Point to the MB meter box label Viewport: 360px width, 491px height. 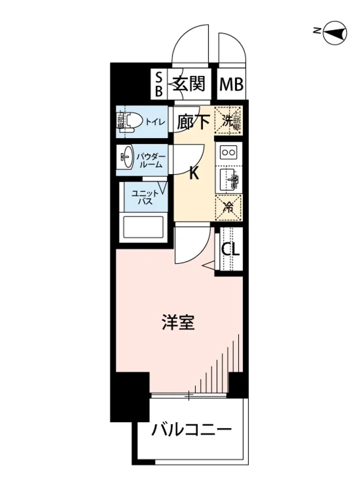click(x=232, y=85)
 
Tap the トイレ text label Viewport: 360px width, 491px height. click(x=155, y=122)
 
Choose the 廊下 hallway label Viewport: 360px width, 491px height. click(x=193, y=122)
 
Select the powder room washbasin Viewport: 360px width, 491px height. click(x=126, y=156)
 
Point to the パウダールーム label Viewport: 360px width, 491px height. click(x=151, y=161)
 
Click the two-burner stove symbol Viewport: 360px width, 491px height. click(x=228, y=153)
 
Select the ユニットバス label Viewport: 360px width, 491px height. click(x=142, y=198)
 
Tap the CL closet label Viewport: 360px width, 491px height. click(x=230, y=249)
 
